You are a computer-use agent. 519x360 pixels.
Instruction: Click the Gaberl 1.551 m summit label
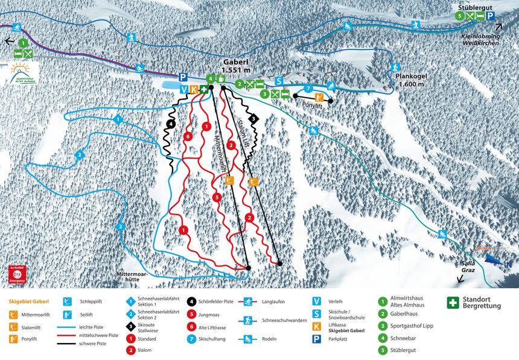[x=235, y=66]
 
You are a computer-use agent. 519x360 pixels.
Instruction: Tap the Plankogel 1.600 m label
[x=412, y=81]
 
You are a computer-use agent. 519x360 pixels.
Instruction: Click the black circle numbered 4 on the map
[x=171, y=124]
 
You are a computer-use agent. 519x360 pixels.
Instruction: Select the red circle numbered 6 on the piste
[x=189, y=137]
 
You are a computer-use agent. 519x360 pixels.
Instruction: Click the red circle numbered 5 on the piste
[x=215, y=197]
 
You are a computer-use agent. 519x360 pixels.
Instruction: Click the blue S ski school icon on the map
[x=279, y=81]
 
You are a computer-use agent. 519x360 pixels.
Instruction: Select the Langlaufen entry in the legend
[x=273, y=302]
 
